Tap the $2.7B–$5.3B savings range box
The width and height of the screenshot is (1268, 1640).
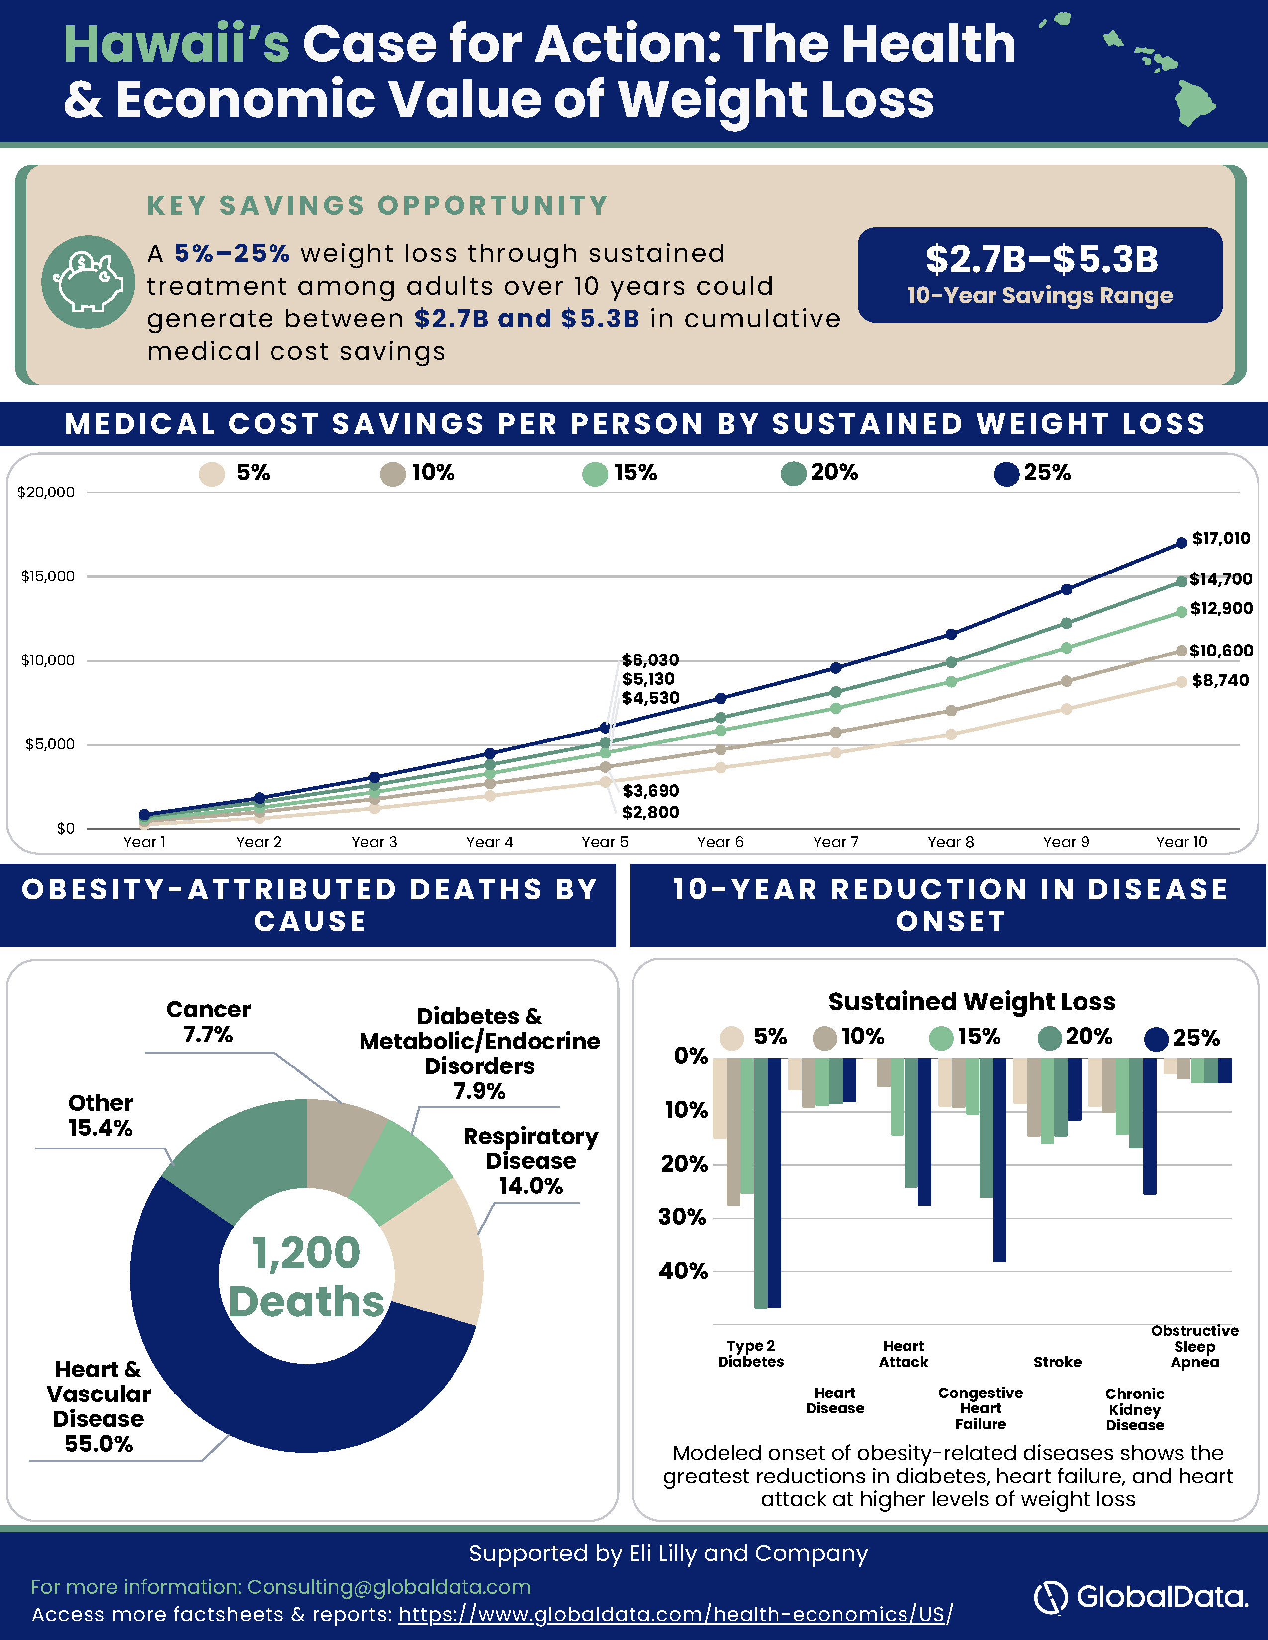(1040, 275)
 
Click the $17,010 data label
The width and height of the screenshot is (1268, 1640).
(1221, 538)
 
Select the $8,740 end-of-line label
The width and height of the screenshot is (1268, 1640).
(1220, 680)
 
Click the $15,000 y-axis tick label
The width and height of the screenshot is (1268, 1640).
(48, 576)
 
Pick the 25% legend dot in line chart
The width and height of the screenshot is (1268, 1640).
(1006, 474)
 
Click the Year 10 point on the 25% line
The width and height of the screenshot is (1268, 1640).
(1181, 542)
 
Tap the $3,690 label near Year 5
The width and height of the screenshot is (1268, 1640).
(650, 791)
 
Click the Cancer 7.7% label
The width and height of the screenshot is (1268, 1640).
(208, 1022)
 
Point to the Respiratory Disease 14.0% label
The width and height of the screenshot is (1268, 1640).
(531, 1161)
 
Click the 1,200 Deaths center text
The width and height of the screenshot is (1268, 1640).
(306, 1277)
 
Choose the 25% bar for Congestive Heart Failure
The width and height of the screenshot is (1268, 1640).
(999, 1159)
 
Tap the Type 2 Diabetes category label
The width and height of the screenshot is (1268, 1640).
(750, 1353)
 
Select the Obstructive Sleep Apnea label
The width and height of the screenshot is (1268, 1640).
(1194, 1346)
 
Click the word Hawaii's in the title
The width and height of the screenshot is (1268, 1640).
(177, 44)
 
